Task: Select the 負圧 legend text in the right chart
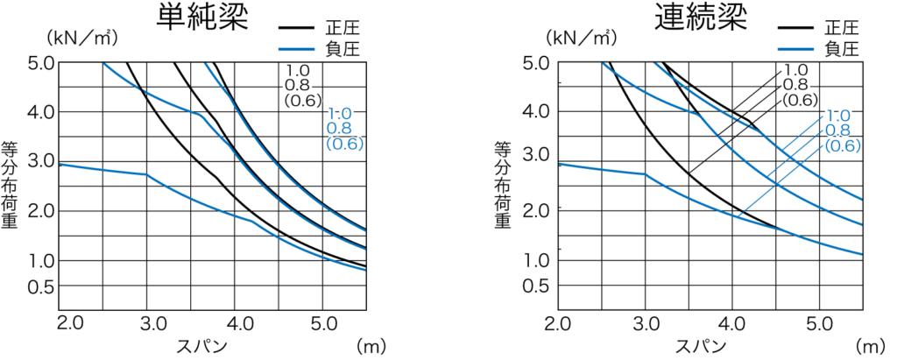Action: tap(842, 49)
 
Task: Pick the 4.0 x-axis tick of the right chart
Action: tap(733, 324)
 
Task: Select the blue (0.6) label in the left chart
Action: tap(344, 144)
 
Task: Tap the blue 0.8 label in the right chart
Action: tap(837, 131)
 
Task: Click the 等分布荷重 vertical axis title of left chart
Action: tap(10, 185)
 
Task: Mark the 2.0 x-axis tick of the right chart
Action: tap(557, 324)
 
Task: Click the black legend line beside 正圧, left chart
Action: tap(297, 28)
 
